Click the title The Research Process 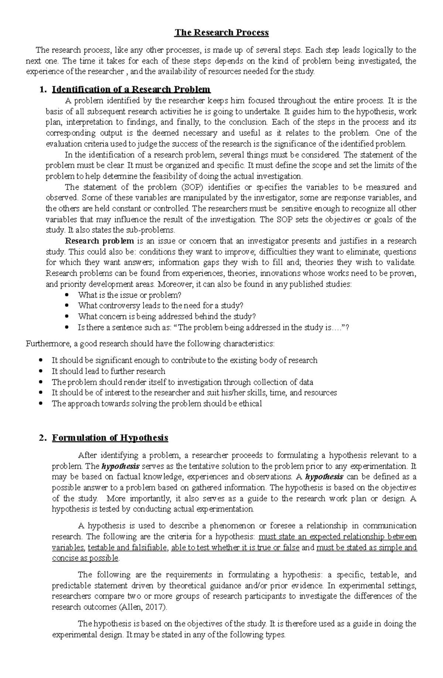[x=221, y=33]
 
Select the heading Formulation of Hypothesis [x=110, y=438]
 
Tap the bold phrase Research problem [x=99, y=241]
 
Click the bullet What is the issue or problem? [x=130, y=295]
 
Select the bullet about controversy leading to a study [x=161, y=306]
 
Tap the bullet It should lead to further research [x=108, y=371]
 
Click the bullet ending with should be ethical [x=157, y=403]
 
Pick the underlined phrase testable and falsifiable [x=127, y=548]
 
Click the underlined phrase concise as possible [x=85, y=558]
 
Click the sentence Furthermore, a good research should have [x=150, y=344]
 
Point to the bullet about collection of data [x=182, y=382]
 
